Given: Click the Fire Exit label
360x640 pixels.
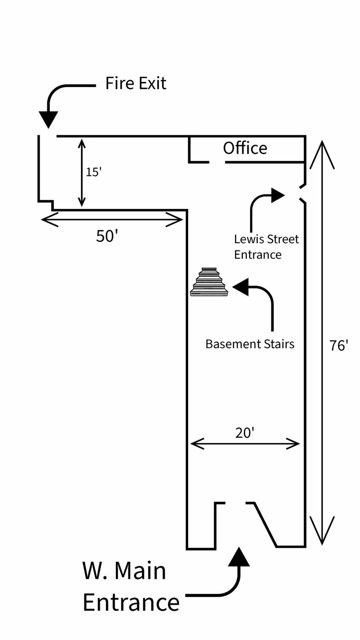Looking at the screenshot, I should tap(136, 83).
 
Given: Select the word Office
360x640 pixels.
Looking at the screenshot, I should tap(245, 148).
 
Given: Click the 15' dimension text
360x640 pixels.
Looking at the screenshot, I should tap(94, 172).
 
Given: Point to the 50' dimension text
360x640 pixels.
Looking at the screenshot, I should tap(107, 236).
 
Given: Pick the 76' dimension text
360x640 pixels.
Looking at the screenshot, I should tap(339, 345).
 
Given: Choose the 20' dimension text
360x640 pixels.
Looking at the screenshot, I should tap(245, 433).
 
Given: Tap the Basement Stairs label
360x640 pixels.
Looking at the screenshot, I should tap(250, 344).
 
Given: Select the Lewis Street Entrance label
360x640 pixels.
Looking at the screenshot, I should tap(266, 247).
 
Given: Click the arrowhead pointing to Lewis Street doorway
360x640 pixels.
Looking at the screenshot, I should tap(278, 195).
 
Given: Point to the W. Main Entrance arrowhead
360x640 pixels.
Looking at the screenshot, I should tap(239, 557).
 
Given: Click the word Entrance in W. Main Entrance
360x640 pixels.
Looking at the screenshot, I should tap(131, 602).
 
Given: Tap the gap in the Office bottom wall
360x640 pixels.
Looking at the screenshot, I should tap(217, 162).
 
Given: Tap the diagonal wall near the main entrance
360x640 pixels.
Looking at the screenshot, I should tap(265, 524).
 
